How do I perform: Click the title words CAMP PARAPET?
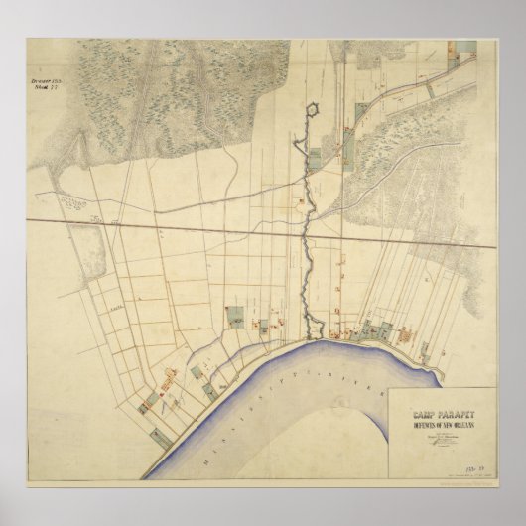pos(429,404)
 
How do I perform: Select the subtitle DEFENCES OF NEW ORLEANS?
pos(430,415)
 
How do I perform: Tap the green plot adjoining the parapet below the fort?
pos(316,156)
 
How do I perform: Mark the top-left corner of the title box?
pos(388,388)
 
